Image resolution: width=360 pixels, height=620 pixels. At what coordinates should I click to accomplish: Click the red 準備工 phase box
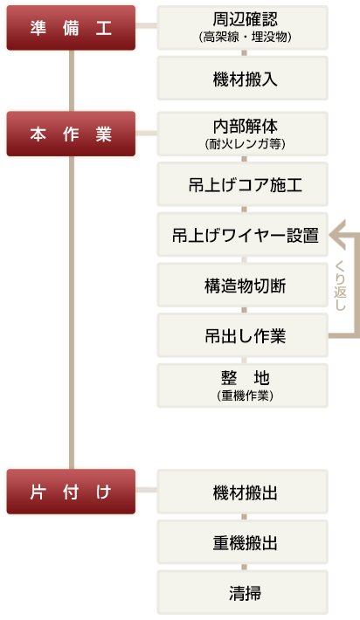coord(71,28)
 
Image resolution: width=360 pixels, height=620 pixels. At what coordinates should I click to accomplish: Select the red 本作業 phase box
coord(71,134)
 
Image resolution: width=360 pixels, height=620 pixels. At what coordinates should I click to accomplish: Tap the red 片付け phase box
coord(71,492)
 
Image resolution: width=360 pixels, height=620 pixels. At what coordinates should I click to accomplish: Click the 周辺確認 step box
coord(243,28)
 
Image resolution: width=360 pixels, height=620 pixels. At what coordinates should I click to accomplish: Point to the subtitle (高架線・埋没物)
coord(246,38)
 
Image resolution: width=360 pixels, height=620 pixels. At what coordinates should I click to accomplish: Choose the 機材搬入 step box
coord(243,78)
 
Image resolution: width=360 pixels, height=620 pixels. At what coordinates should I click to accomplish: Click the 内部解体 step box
coord(243,134)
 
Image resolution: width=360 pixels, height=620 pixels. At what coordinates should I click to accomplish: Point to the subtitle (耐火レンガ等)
coord(246,143)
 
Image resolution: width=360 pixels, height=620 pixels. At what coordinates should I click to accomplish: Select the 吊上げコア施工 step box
coord(243,184)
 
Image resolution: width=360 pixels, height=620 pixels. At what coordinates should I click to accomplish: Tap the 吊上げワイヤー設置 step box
coord(243,235)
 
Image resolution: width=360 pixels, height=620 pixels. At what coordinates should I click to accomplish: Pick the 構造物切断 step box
coord(243,285)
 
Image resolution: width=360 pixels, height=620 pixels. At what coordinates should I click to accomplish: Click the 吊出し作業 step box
coord(243,335)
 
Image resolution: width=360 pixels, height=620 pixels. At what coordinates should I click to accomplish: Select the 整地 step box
coord(243,385)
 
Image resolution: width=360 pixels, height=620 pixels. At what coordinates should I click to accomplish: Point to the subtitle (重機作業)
coord(246,396)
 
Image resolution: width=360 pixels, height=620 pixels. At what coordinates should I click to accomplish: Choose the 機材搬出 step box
coord(243,492)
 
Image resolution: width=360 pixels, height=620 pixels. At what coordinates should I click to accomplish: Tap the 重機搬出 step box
coord(243,541)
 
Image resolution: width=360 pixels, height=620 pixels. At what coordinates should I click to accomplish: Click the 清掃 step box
coord(243,592)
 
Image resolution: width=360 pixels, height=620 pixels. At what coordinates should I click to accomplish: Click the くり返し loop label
coord(340,286)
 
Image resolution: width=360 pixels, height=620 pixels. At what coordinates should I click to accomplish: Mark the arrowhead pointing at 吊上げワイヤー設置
coord(338,235)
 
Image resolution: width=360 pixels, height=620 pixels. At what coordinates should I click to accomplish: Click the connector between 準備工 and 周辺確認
coord(146,25)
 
